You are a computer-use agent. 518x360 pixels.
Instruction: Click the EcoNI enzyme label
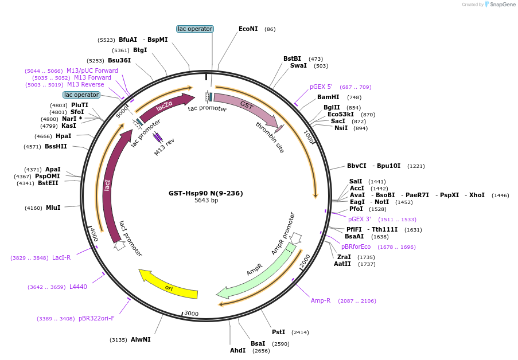(248, 29)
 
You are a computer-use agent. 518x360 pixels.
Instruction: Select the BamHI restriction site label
(328, 97)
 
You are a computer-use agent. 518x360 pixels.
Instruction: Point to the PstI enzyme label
(278, 332)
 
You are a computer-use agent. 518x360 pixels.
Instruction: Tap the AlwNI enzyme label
(141, 339)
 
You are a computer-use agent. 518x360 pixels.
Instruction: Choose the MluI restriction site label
(53, 208)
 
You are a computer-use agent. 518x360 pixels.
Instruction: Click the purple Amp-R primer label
(321, 300)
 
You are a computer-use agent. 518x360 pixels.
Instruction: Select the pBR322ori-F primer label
(96, 318)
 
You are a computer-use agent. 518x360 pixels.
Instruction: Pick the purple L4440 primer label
(78, 287)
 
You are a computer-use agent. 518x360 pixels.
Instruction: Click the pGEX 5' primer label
(321, 87)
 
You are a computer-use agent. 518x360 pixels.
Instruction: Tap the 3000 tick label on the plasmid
(191, 314)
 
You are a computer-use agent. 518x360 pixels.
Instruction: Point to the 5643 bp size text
(206, 200)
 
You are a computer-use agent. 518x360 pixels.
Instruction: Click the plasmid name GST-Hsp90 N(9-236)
(206, 193)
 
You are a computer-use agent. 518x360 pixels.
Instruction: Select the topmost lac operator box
(195, 29)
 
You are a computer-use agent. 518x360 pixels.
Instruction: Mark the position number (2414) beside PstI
(300, 332)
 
